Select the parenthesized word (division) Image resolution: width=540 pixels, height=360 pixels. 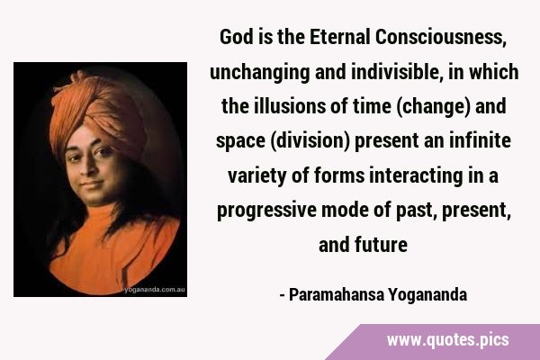[x=310, y=141]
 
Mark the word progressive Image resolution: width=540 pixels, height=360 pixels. [x=266, y=211]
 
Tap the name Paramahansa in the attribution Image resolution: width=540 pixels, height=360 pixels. [x=337, y=295]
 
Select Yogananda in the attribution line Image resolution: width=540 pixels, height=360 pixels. [x=427, y=295]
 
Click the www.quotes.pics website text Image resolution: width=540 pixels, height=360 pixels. [x=447, y=340]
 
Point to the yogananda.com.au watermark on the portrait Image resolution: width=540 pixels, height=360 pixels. [x=155, y=290]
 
